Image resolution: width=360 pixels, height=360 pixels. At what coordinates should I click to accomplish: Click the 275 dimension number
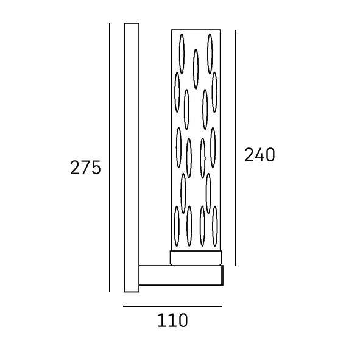85,168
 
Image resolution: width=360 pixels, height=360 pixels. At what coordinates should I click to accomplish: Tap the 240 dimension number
259,155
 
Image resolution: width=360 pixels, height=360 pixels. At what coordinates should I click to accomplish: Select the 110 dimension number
172,320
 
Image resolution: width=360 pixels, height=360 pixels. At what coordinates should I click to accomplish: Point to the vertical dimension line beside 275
110,158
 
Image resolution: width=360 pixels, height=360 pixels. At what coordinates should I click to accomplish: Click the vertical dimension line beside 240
236,147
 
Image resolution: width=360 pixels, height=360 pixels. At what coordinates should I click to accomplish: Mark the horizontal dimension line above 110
172,306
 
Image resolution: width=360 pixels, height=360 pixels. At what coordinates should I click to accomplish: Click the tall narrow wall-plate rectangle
132,158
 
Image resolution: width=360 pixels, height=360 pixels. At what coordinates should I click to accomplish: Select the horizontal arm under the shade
181,275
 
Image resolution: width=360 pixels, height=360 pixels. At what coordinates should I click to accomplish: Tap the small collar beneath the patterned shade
196,258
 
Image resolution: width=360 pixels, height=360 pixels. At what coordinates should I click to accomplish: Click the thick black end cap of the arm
222,275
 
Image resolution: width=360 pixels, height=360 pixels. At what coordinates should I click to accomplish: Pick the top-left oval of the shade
182,54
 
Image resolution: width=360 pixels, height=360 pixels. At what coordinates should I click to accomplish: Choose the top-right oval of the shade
210,54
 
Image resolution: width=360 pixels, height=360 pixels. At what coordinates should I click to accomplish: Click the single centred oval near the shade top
196,69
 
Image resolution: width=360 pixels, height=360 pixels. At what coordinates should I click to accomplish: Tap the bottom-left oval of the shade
177,227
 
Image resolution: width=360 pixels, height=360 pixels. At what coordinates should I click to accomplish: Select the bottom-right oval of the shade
214,227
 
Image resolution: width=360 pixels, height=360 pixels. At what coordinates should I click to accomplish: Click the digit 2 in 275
75,168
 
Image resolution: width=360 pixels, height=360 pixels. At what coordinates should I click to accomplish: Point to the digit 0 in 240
270,155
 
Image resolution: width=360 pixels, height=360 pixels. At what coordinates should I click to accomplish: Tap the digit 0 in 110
183,320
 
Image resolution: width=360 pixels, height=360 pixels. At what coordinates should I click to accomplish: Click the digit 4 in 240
259,155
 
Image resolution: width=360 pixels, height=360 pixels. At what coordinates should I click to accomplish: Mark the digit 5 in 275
96,168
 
